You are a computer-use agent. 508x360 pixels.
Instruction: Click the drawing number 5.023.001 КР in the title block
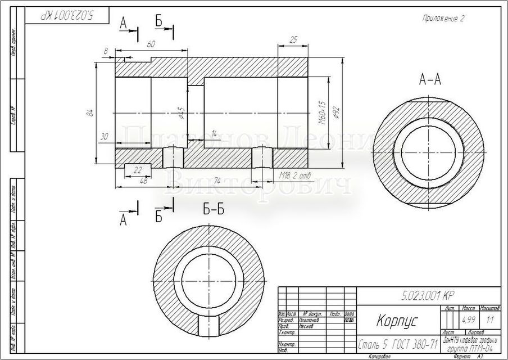[x=428, y=295]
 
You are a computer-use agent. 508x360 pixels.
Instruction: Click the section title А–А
[x=430, y=80]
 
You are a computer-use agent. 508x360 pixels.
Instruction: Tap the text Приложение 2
[x=443, y=18]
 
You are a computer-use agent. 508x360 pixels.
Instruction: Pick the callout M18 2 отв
[x=296, y=175]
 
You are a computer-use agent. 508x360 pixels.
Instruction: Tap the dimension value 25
[x=293, y=39]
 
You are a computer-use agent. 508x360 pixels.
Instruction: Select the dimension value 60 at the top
[x=151, y=44]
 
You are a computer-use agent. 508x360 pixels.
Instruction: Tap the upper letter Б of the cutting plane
[x=159, y=21]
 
